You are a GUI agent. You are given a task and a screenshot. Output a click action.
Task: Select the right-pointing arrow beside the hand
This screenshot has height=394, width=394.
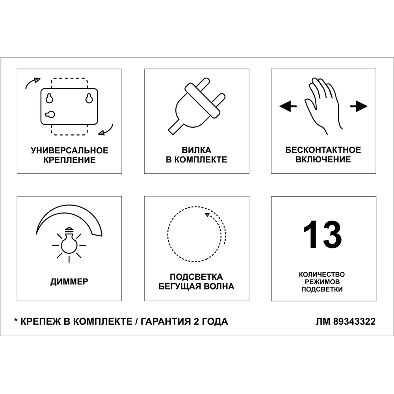[359, 106]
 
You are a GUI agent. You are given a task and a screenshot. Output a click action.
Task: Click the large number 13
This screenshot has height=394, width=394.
[322, 235]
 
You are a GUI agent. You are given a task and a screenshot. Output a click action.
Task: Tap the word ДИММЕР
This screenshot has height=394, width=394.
[69, 282]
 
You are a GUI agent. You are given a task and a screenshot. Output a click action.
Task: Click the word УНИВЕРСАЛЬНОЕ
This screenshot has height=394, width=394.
[69, 151]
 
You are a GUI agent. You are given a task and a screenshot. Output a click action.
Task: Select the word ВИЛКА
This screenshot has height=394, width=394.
[196, 151]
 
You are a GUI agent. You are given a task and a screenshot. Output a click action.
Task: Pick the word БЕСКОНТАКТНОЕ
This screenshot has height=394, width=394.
[323, 150]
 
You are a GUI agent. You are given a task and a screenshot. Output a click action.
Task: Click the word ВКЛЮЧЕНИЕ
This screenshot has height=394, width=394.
[323, 160]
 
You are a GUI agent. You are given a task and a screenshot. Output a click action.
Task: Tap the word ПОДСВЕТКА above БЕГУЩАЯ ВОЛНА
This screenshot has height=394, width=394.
[196, 277]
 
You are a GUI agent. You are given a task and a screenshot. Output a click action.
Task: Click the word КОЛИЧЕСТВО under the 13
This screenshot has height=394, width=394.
[322, 274]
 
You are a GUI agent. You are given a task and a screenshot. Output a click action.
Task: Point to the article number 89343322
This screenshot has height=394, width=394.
[354, 322]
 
